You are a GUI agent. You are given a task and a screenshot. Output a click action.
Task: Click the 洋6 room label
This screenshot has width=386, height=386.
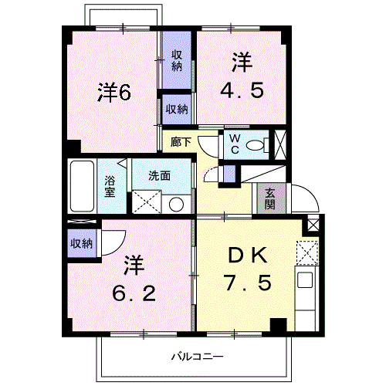click(114, 92)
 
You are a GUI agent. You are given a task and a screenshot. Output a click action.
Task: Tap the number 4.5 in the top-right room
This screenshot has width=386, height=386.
click(242, 90)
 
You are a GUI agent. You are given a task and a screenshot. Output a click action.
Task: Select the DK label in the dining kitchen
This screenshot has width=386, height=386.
click(248, 256)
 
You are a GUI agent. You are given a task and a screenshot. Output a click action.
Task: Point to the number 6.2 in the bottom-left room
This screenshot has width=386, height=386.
click(134, 294)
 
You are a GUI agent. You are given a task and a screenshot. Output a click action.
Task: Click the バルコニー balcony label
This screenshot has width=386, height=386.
click(198, 357)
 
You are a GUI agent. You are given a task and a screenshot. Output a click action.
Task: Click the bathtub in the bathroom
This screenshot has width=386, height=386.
click(82, 186)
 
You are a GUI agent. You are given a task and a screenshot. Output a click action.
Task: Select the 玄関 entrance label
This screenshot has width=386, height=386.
click(270, 198)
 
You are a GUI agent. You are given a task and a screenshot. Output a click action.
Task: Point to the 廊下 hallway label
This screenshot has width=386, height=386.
click(181, 142)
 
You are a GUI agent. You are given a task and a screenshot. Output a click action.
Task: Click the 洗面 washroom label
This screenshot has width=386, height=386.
click(159, 176)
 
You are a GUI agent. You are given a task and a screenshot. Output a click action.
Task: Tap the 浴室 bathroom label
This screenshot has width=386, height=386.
click(110, 186)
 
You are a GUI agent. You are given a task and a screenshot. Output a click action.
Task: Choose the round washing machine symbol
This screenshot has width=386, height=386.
click(176, 205)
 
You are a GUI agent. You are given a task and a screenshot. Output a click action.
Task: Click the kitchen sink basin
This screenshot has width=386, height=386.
click(305, 279)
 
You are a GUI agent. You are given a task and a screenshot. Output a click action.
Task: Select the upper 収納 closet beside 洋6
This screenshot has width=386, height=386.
click(177, 61)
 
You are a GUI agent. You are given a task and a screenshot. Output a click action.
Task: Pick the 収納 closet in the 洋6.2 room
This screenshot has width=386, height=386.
click(82, 243)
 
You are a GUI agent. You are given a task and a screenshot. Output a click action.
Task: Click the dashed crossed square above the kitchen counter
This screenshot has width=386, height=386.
click(307, 252)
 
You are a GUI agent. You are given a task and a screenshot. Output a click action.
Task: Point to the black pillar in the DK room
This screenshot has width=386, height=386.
click(278, 325)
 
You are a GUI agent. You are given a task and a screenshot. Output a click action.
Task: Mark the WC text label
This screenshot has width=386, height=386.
click(235, 144)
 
